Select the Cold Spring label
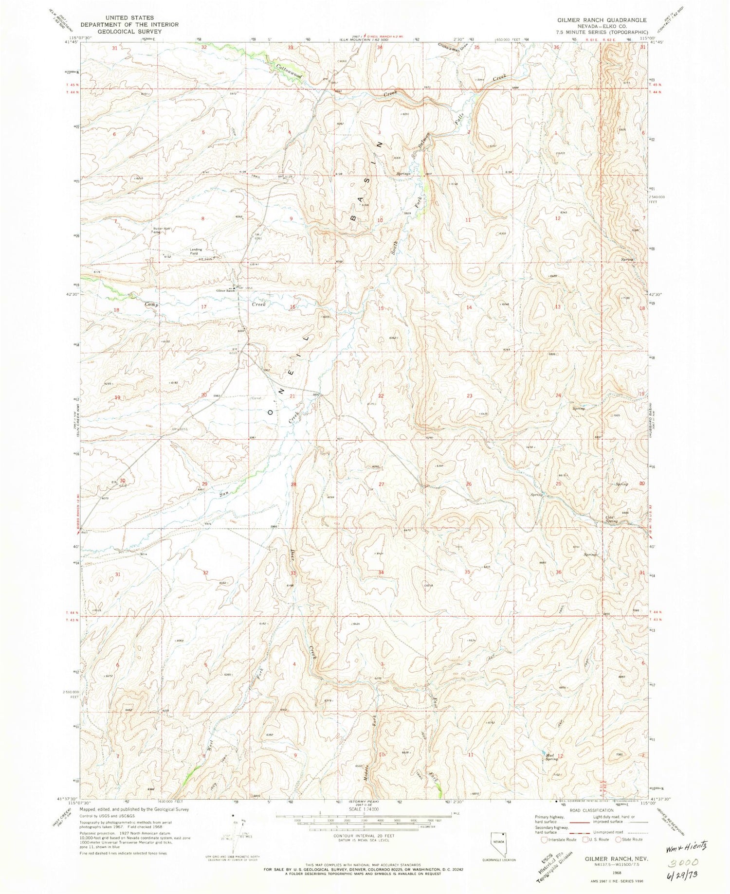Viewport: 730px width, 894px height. [x=611, y=519]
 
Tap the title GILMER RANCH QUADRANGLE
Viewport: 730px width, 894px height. [x=602, y=20]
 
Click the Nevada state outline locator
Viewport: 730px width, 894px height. [x=497, y=840]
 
